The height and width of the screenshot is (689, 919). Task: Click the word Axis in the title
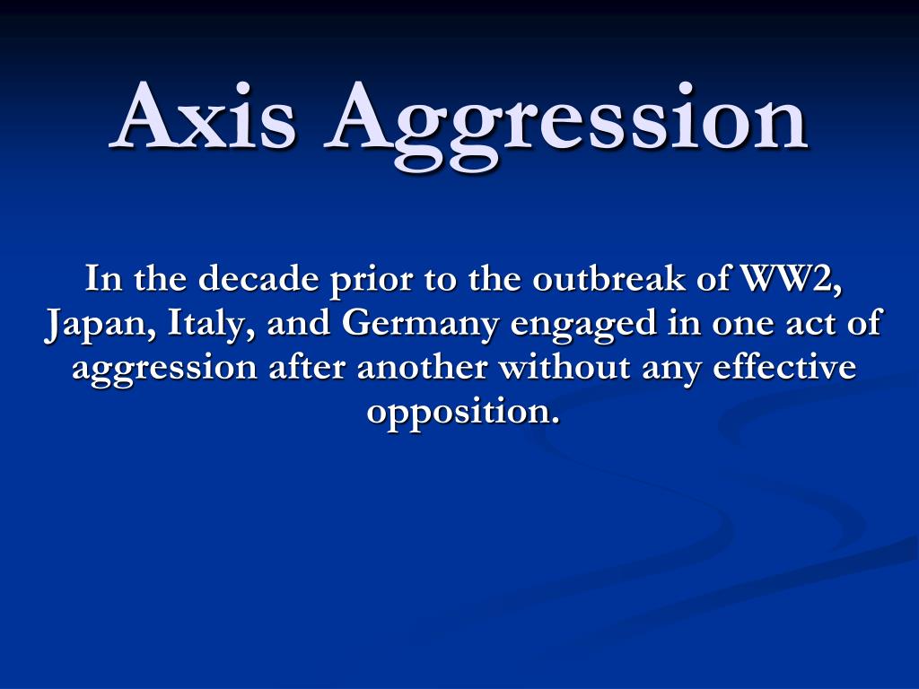click(x=203, y=118)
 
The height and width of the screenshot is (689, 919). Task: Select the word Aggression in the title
click(x=567, y=121)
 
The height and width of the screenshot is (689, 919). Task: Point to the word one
click(x=729, y=323)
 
